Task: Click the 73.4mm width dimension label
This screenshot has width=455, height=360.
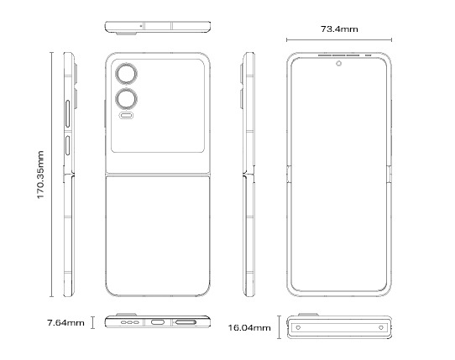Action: click(x=339, y=29)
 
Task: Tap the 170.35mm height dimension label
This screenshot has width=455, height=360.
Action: click(x=40, y=175)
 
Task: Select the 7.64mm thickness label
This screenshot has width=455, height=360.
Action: click(x=65, y=322)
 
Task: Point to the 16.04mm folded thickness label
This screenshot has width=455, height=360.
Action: click(x=249, y=328)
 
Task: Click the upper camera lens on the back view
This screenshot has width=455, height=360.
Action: click(x=126, y=74)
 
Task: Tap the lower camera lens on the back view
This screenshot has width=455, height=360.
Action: click(x=126, y=99)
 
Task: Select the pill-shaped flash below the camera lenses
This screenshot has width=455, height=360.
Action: click(x=126, y=116)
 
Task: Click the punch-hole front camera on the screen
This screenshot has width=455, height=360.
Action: click(x=338, y=64)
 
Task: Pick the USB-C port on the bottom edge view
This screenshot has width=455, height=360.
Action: click(x=158, y=322)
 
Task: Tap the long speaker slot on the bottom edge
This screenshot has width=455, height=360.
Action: click(x=186, y=322)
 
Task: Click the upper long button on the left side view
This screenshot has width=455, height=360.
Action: click(x=68, y=114)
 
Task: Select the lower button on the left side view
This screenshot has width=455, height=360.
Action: click(x=68, y=145)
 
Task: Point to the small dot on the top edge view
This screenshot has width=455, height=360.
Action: click(x=141, y=26)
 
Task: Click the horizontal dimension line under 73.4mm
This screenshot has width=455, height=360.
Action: click(x=339, y=40)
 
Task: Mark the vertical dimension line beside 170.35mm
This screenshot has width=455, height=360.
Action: click(x=52, y=175)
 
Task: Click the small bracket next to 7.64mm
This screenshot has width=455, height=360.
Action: click(x=93, y=322)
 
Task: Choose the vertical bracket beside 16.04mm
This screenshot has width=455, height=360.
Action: click(x=280, y=327)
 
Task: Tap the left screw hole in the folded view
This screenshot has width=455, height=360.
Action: click(x=298, y=327)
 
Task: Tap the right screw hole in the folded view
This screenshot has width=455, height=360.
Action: click(x=381, y=327)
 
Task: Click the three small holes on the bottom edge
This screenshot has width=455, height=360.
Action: click(x=130, y=322)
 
